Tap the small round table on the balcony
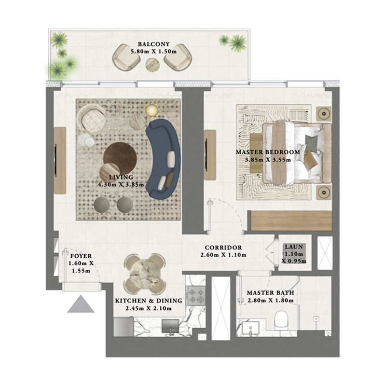(x=152, y=64)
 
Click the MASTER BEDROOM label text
(x=268, y=152)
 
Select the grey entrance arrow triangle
(x=80, y=305)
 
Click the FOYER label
(x=81, y=256)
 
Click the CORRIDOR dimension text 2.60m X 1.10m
(x=224, y=255)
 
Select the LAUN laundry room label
(x=293, y=247)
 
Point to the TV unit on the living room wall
(x=60, y=160)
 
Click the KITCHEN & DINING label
(x=149, y=301)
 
